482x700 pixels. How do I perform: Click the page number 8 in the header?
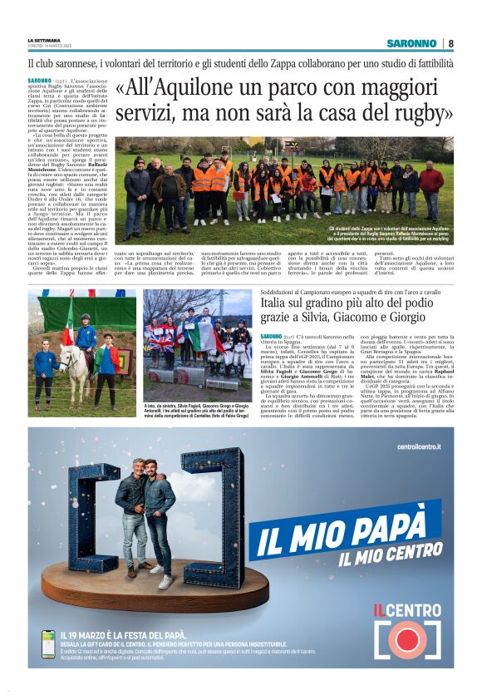click(451, 43)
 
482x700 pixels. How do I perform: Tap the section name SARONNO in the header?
click(411, 43)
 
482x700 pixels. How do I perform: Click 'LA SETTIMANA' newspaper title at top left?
click(43, 39)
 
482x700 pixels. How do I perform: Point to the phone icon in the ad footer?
click(49, 644)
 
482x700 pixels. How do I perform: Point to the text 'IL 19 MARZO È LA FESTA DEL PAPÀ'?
click(112, 634)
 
